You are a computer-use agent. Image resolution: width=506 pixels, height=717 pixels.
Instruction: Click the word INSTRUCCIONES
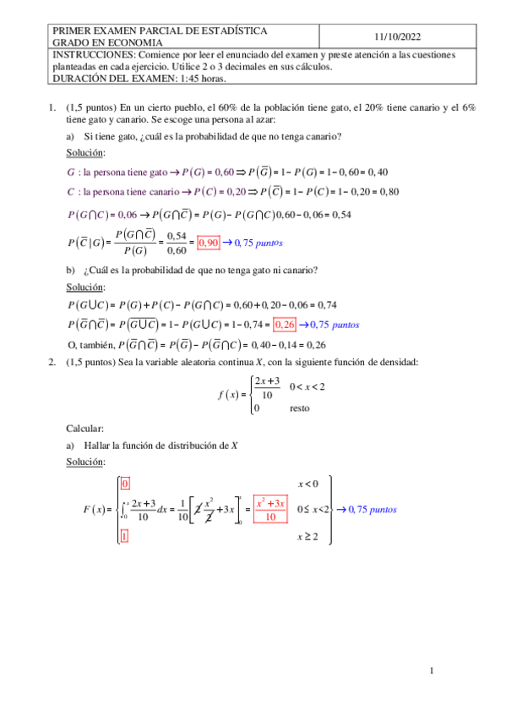tap(93, 54)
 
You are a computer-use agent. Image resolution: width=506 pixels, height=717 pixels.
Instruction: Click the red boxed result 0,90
tap(208, 243)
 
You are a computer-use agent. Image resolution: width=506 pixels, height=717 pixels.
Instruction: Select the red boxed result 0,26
tap(285, 323)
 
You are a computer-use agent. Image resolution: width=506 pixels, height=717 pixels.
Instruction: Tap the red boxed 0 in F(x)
tap(125, 484)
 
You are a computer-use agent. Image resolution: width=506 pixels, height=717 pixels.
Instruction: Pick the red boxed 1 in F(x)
tap(125, 536)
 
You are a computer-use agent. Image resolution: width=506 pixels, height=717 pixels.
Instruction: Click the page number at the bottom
tap(431, 671)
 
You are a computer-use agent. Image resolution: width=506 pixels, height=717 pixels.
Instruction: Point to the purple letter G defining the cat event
tap(71, 172)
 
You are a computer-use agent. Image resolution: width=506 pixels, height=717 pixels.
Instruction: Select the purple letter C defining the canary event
tap(70, 191)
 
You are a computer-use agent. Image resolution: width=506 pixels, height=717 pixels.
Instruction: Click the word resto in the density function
tap(299, 408)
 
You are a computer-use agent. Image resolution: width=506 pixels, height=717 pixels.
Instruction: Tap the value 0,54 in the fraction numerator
tap(177, 236)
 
